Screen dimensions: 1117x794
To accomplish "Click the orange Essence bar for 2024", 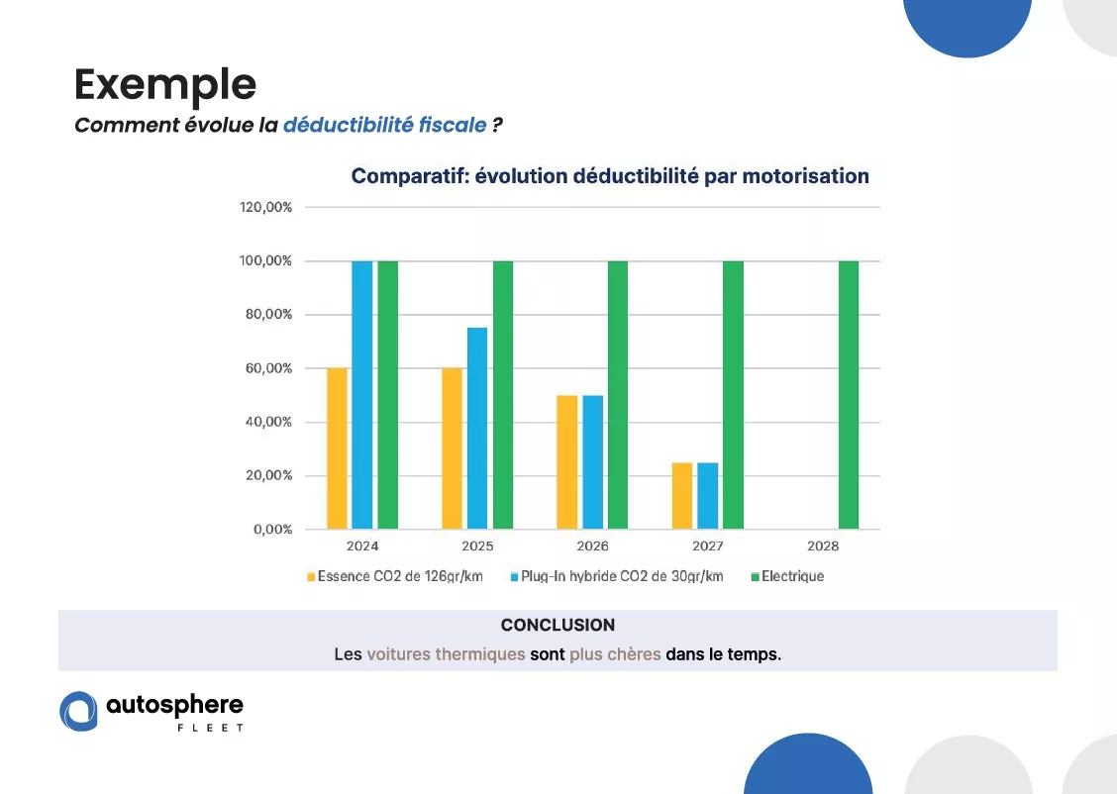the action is tap(337, 448).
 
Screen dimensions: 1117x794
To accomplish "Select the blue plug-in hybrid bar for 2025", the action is tap(477, 428).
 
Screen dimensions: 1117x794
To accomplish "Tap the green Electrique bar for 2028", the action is tap(849, 395).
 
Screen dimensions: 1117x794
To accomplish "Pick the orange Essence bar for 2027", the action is tap(682, 496).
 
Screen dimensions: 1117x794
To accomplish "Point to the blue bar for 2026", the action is tap(593, 462).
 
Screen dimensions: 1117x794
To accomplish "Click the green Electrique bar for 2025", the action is tap(503, 395).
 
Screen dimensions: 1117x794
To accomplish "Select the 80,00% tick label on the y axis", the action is tap(268, 314).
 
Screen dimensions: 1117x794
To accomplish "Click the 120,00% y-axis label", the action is tap(265, 207).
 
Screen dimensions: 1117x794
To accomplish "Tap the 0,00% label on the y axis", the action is tap(273, 529).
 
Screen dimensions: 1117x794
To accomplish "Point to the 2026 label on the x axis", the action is tap(593, 546).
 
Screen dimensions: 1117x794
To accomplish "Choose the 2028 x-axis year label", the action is tap(823, 546).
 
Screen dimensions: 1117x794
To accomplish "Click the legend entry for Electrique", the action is tap(787, 576).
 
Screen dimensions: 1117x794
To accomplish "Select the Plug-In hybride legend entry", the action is tap(617, 576).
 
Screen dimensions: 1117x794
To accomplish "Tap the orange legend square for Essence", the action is tap(311, 577).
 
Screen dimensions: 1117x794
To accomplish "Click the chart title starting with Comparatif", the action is tap(610, 176).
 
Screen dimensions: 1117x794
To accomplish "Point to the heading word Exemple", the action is tap(165, 85).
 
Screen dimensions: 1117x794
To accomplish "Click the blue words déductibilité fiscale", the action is tap(384, 125).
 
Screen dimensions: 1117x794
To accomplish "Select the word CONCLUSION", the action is tap(558, 625).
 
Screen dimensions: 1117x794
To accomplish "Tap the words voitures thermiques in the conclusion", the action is tap(446, 653).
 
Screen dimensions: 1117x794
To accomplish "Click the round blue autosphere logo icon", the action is tap(78, 711).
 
